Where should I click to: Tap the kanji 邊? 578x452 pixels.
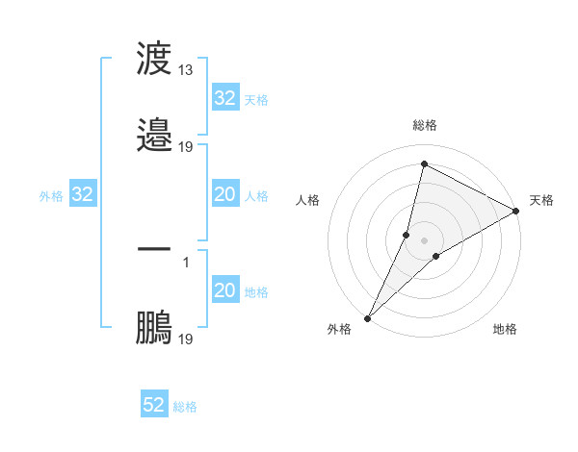tap(154, 135)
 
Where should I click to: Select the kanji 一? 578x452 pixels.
tap(154, 250)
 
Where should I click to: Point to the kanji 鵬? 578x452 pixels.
tap(154, 327)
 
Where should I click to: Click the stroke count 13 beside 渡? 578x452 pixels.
tap(186, 70)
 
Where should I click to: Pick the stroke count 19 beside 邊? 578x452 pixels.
tap(186, 146)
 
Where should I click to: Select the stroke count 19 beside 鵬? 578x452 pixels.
tap(186, 339)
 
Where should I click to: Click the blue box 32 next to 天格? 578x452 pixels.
tap(224, 98)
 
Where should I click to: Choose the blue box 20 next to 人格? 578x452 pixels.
tap(224, 195)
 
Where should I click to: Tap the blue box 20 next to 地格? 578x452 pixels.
tap(224, 291)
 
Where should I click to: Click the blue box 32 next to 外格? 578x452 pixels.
tap(82, 195)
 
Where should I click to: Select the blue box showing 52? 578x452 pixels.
tap(154, 405)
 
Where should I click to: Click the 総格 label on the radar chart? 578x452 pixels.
tap(425, 125)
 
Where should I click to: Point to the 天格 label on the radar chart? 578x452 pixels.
tap(542, 200)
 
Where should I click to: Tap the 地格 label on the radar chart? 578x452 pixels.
tap(505, 329)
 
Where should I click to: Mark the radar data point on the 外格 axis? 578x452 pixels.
tap(367, 318)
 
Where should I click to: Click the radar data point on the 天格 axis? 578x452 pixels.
tap(516, 211)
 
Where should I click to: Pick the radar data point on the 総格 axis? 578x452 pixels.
tap(424, 164)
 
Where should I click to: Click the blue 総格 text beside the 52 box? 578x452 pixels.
tap(185, 407)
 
